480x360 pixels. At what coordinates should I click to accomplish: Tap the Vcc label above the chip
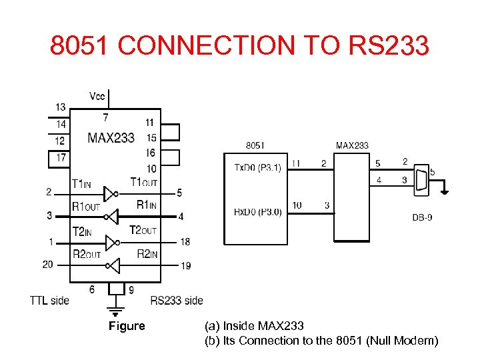[97, 97]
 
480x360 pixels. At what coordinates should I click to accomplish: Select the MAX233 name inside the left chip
[111, 138]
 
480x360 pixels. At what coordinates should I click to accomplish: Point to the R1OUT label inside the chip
[86, 206]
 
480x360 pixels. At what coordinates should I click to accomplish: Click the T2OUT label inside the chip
[143, 230]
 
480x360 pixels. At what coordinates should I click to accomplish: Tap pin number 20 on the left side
[47, 265]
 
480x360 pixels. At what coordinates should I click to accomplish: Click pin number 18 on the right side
[185, 241]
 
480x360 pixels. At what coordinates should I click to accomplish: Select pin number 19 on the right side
[185, 266]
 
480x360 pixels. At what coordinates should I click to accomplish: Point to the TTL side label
[49, 301]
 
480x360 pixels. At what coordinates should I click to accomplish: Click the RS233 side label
[177, 301]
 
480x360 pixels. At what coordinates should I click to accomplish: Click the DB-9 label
[421, 218]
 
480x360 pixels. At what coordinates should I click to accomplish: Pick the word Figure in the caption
[127, 326]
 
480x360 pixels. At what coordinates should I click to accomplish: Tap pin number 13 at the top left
[61, 107]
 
